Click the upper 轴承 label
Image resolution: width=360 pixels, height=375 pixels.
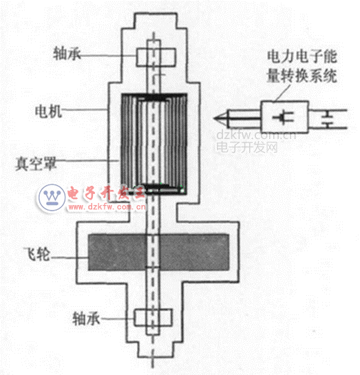(x=67, y=54)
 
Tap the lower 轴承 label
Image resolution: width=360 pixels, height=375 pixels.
(x=86, y=319)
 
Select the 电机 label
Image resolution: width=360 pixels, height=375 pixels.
(x=49, y=111)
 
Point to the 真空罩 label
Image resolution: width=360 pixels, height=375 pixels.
(x=36, y=164)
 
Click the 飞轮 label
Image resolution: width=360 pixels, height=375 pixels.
(x=37, y=254)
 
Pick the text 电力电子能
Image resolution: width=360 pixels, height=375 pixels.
(x=302, y=56)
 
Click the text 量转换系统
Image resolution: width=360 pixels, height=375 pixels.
(x=302, y=76)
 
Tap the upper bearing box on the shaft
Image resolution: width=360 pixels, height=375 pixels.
(x=156, y=57)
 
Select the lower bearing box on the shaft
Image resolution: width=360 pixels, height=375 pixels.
(x=153, y=317)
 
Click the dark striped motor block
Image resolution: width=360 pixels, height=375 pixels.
(x=154, y=144)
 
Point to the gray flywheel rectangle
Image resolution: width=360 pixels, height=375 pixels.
(x=158, y=253)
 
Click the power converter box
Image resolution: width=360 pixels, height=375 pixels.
(x=284, y=117)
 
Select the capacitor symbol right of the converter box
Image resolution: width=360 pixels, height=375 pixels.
(x=327, y=119)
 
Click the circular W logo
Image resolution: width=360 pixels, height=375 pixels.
(x=52, y=197)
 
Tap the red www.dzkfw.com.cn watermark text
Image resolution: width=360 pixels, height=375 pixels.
(x=107, y=206)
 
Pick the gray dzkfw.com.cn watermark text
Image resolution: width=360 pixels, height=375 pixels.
(x=256, y=136)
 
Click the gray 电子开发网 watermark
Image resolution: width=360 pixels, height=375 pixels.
(x=247, y=147)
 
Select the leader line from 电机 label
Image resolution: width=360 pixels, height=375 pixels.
(x=85, y=110)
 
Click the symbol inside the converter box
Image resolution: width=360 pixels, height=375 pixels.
(x=284, y=117)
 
